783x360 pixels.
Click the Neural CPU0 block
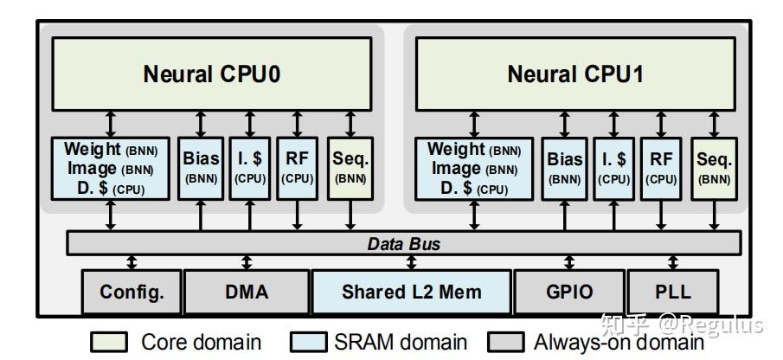pos(211,74)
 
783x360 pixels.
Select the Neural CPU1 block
pos(575,74)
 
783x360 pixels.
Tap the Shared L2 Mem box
pos(411,292)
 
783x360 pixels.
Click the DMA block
pos(247,292)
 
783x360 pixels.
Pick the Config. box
pos(131,292)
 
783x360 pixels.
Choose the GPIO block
pos(568,292)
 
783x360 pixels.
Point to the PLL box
pos(673,292)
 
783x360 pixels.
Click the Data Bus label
pos(404,244)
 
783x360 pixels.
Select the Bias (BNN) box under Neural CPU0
pos(201,168)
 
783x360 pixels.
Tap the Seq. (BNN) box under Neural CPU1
pos(714,168)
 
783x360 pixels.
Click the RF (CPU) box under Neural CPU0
pos(297,168)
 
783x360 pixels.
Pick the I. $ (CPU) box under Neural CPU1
pos(613,168)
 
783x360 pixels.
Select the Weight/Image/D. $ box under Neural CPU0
pos(110,168)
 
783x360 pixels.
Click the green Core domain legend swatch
pos(114,343)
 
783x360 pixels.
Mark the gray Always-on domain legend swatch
pos(506,343)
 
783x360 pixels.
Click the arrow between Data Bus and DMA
pos(247,262)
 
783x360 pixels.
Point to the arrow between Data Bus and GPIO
pos(568,262)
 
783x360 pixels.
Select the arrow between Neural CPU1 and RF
pos(661,123)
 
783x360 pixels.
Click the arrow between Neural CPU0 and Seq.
pos(350,123)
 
